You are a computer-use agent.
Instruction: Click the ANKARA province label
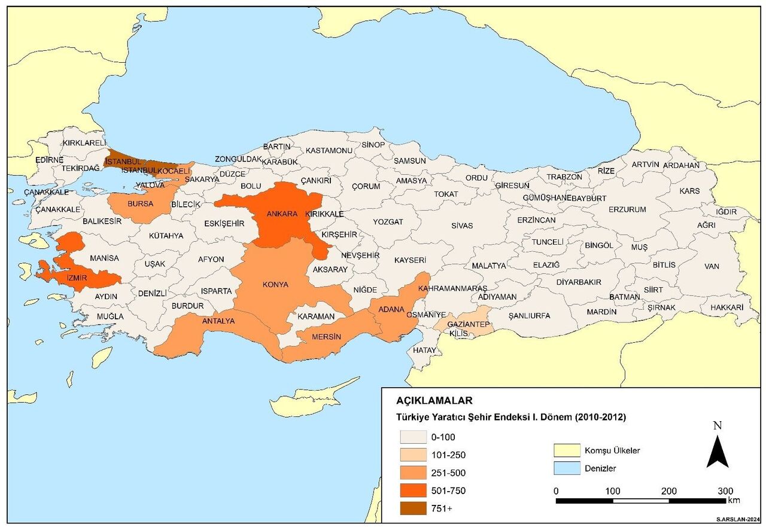point(282,214)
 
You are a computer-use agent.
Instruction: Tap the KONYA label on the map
point(275,284)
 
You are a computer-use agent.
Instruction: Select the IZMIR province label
point(73,278)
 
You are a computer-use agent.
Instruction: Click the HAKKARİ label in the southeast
point(727,307)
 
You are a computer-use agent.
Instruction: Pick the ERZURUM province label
point(627,209)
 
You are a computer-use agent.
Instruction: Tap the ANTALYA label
point(218,321)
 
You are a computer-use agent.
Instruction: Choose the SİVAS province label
point(462,226)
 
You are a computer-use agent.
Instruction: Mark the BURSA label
point(139,203)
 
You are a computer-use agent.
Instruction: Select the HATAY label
point(425,350)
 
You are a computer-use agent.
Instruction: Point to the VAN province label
point(712,266)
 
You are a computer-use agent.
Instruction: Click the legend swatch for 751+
point(412,508)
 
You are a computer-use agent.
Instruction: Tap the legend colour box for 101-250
point(412,455)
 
